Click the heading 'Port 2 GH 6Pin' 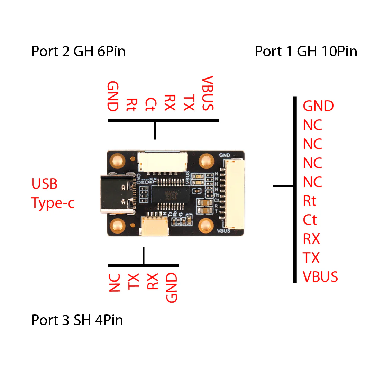(x=78, y=52)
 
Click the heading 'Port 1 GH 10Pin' (x=306, y=52)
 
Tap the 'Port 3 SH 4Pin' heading (x=77, y=320)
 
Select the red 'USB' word (x=44, y=184)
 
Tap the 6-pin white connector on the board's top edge (x=162, y=162)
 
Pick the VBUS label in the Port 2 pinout (x=208, y=93)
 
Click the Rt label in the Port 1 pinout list (x=310, y=201)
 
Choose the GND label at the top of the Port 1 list (x=318, y=106)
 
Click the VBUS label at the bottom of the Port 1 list (x=320, y=277)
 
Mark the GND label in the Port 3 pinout (x=172, y=287)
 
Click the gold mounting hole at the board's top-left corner (x=118, y=161)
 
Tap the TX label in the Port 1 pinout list (x=311, y=258)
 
